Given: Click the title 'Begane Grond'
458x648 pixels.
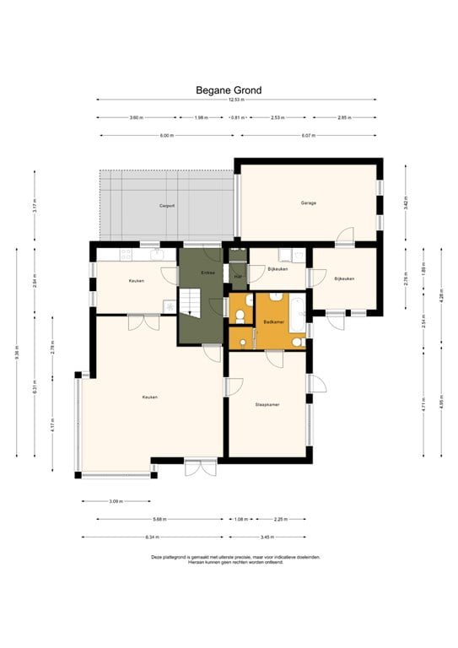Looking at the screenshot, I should [229, 89].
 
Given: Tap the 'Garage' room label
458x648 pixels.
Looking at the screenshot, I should [309, 202].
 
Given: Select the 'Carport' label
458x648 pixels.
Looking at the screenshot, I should [167, 206].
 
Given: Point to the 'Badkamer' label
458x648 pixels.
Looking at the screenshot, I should [273, 321].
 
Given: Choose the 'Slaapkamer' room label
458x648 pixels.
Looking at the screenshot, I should [267, 405].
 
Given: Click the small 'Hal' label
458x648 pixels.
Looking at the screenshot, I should [238, 276].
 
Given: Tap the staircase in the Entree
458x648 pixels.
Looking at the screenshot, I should [190, 300].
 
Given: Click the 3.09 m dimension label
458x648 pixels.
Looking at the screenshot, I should [116, 501].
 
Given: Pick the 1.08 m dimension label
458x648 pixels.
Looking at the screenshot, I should [239, 519].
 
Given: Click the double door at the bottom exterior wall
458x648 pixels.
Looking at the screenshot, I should [201, 467].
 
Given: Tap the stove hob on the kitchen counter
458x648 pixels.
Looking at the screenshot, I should [127, 253].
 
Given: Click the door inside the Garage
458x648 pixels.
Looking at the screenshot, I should [344, 235].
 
